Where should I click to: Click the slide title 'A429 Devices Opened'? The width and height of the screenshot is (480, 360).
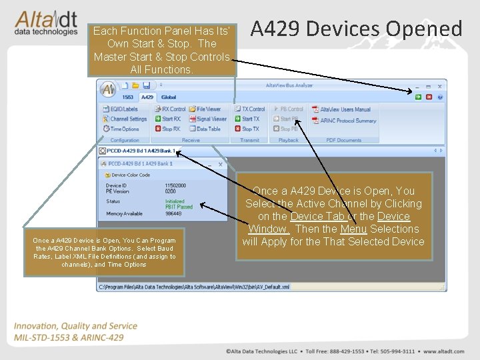tap(356, 29)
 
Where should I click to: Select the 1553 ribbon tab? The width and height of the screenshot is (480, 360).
tap(127, 97)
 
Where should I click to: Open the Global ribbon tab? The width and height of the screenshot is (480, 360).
tap(169, 97)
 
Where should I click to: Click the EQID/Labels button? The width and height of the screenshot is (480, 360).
tap(124, 109)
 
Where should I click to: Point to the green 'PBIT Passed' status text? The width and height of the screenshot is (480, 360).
tap(179, 207)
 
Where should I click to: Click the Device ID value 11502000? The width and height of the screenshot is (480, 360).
tap(175, 185)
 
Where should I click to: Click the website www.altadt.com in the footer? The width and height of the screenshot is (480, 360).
tap(439, 351)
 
